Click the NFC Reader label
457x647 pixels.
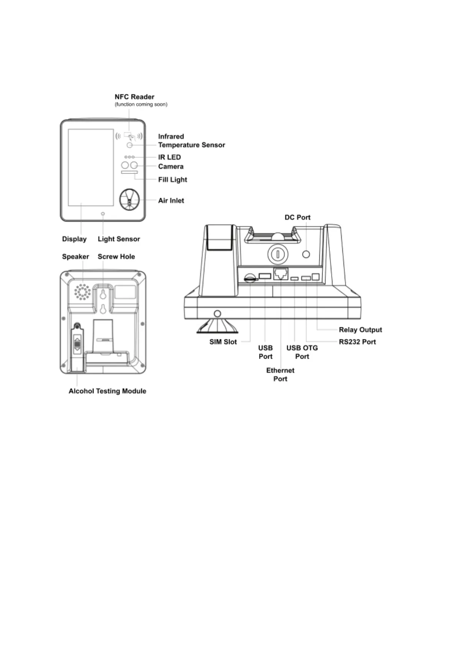click(135, 97)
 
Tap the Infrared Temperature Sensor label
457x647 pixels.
click(191, 141)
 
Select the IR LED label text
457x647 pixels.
click(169, 157)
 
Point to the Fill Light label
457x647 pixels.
click(173, 180)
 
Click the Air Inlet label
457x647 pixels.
click(171, 201)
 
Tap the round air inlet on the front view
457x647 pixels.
click(129, 200)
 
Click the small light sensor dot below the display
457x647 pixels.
click(103, 214)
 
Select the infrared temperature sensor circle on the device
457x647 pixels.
click(130, 145)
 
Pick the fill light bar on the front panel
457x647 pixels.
click(129, 173)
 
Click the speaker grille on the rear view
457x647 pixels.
click(82, 292)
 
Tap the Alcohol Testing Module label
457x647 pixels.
click(107, 391)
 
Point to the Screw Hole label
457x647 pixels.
click(116, 257)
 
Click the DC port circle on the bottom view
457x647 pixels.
click(306, 254)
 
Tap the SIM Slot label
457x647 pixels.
click(223, 342)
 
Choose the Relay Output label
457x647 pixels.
click(360, 330)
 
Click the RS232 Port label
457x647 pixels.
click(357, 342)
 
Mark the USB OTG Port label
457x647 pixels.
click(302, 352)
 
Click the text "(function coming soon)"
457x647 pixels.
click(141, 104)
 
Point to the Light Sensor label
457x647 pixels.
click(119, 239)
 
